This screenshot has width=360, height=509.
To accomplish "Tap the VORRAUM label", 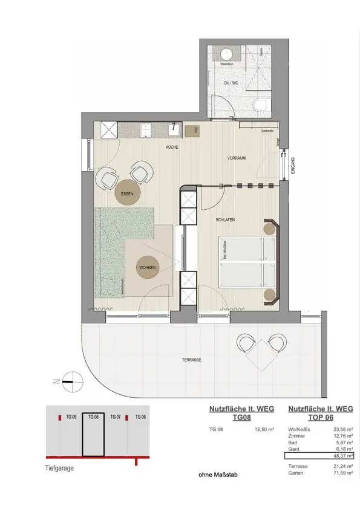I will tap(237, 158).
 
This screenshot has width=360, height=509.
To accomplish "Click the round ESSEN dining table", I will tap(128, 193).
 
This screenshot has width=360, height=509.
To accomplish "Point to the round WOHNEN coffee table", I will tap(148, 267).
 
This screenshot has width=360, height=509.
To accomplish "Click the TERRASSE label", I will tap(191, 360).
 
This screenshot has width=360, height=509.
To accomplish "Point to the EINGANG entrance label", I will tap(292, 165).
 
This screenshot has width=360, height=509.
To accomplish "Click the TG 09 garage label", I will tap(71, 417).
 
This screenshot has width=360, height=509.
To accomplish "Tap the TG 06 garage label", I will tap(140, 417).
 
